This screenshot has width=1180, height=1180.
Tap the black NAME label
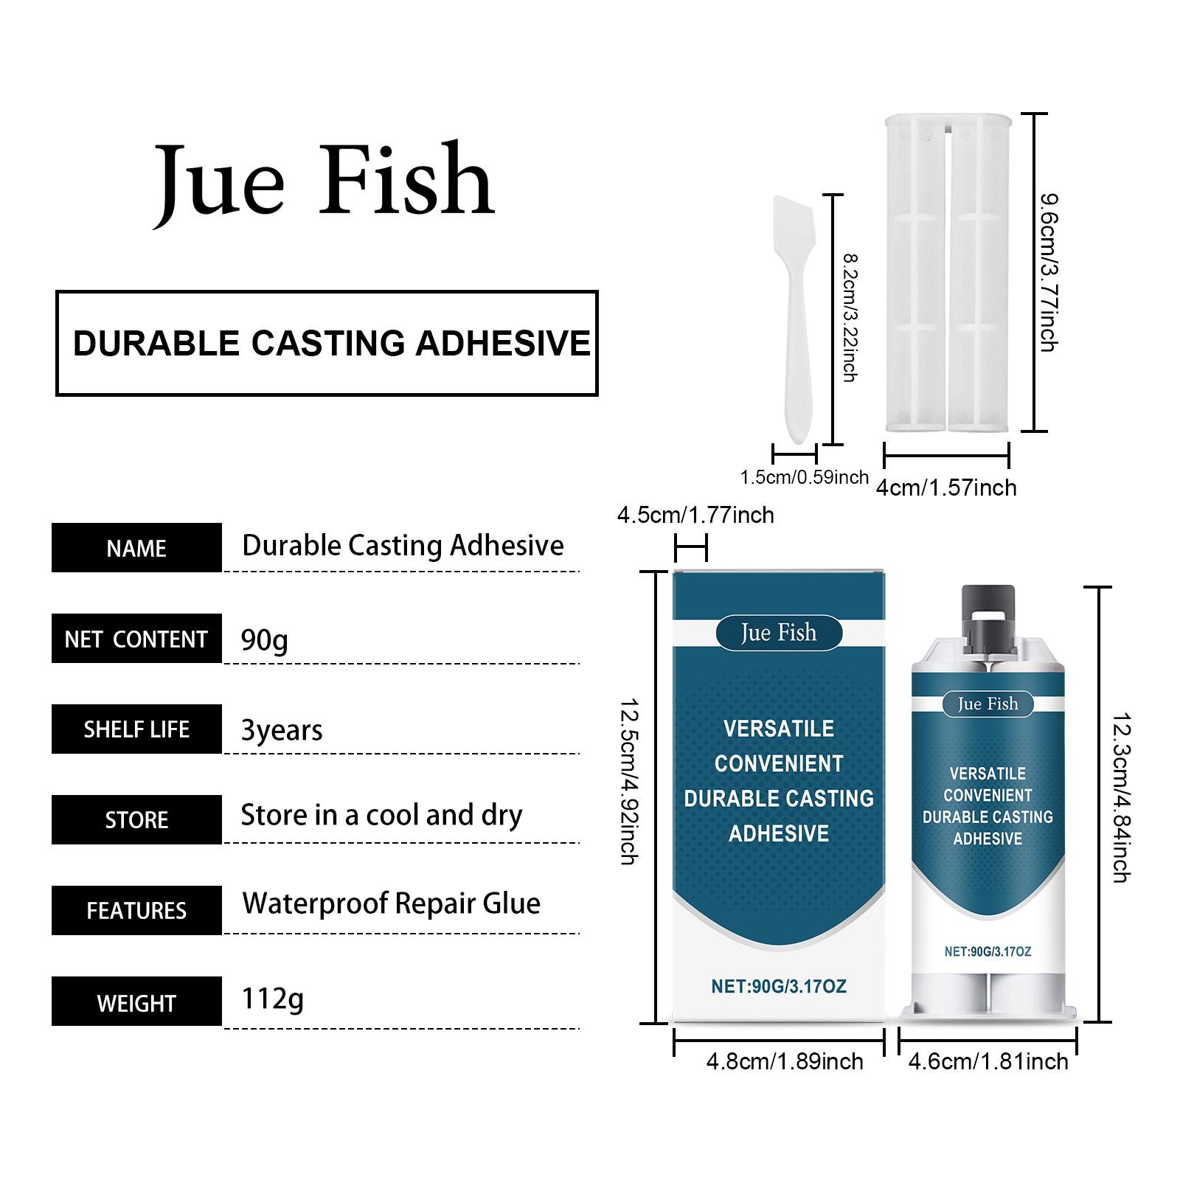pyautogui.click(x=136, y=548)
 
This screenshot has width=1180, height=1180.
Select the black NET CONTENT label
pyautogui.click(x=136, y=639)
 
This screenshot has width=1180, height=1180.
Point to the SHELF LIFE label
pyautogui.click(x=136, y=729)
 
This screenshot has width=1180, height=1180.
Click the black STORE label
pyautogui.click(x=136, y=819)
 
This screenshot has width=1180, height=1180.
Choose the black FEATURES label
pyautogui.click(x=136, y=911)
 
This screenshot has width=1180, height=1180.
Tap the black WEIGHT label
pyautogui.click(x=136, y=1002)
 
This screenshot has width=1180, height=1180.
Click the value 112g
pyautogui.click(x=272, y=999)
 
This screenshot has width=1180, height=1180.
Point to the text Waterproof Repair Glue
pyautogui.click(x=391, y=903)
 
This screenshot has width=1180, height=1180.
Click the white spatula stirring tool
pyautogui.click(x=794, y=317)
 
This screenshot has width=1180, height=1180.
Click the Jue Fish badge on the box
pyautogui.click(x=779, y=633)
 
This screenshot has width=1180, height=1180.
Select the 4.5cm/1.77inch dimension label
pyautogui.click(x=695, y=515)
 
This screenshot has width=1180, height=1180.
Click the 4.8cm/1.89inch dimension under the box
pyautogui.click(x=785, y=1062)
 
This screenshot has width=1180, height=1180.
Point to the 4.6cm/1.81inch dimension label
pyautogui.click(x=988, y=1062)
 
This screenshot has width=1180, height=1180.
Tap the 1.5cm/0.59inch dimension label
pyautogui.click(x=804, y=477)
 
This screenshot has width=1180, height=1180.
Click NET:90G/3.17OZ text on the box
pyautogui.click(x=779, y=986)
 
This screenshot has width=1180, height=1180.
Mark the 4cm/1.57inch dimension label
pyautogui.click(x=946, y=487)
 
